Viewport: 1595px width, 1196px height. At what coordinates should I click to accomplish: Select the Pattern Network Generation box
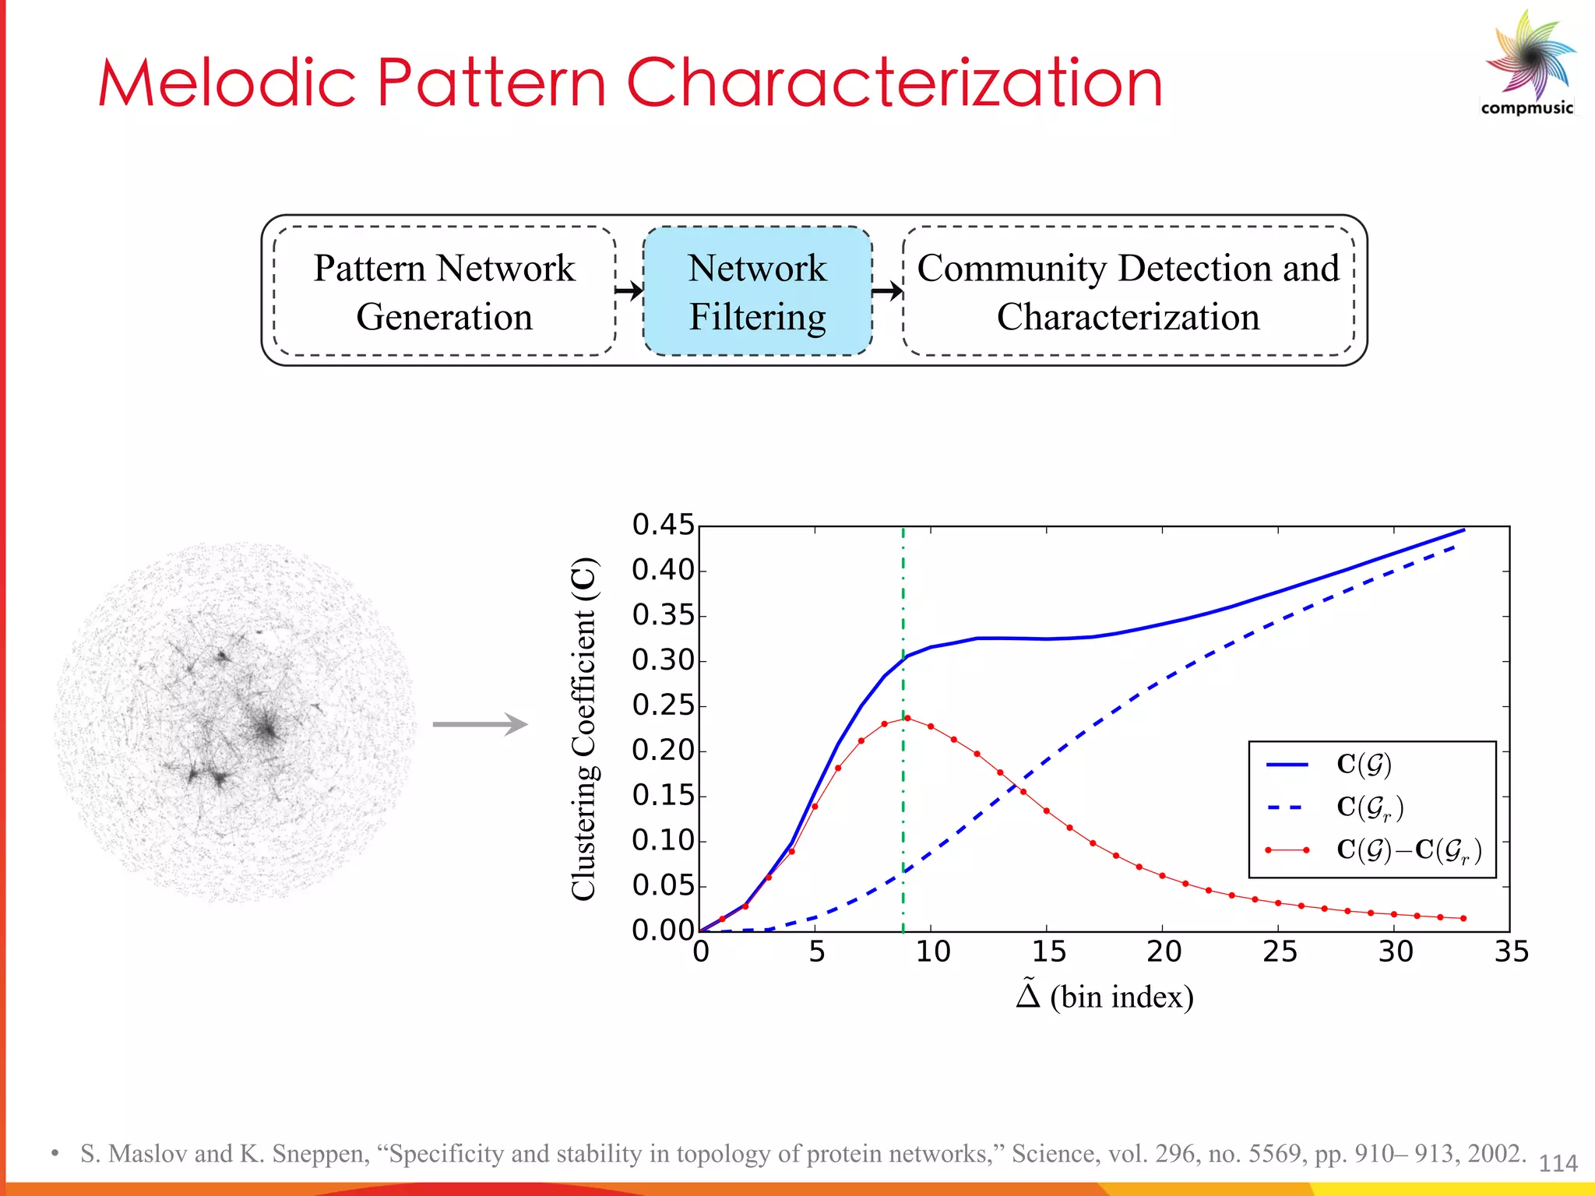coord(444,291)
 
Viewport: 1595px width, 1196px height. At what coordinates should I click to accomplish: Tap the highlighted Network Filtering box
coord(757,291)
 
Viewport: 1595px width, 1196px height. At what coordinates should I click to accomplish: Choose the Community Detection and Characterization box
coord(1128,291)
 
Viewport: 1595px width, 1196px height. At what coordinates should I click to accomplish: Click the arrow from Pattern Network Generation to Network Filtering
coord(629,291)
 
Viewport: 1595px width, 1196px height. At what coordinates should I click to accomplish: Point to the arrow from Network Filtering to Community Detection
coord(887,291)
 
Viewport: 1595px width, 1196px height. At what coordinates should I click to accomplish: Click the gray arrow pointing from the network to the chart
coord(480,724)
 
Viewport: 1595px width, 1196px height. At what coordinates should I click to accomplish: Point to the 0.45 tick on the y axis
coord(663,526)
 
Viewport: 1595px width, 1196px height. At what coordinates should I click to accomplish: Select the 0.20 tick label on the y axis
coord(663,751)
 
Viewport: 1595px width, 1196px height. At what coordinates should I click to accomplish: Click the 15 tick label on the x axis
coord(1048,952)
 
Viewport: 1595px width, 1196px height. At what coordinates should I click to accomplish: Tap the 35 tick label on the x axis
coord(1511,952)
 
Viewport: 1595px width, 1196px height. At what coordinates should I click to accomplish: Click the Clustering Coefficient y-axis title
coord(584,729)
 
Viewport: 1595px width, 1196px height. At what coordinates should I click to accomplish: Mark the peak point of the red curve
coord(907,718)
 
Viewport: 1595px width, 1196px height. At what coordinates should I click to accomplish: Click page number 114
coord(1558,1163)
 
